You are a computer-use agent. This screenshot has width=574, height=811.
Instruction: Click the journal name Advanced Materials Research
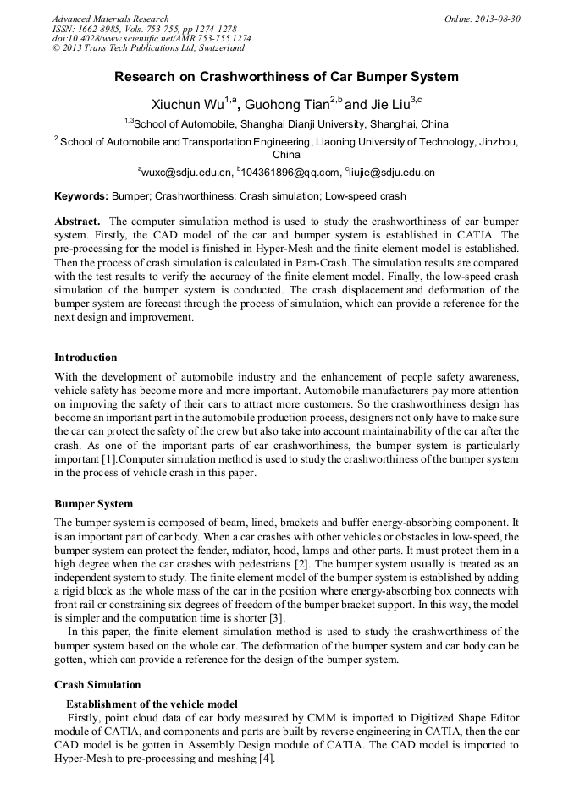(110, 19)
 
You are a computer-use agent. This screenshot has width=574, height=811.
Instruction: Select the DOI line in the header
(152, 38)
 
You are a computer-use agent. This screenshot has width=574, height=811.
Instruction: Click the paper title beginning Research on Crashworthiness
(286, 77)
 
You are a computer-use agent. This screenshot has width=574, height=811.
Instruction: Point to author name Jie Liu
(389, 105)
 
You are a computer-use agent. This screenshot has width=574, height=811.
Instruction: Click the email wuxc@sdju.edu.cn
(187, 173)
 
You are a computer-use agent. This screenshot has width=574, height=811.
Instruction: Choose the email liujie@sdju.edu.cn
(392, 173)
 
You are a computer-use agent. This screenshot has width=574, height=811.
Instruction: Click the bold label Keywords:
(81, 196)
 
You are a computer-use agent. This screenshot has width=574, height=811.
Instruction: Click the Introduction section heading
(86, 358)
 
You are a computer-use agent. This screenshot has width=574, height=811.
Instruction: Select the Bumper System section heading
(93, 504)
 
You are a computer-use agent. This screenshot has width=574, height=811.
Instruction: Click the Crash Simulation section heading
(97, 684)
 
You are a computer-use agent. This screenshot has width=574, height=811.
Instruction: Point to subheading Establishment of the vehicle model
(152, 704)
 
